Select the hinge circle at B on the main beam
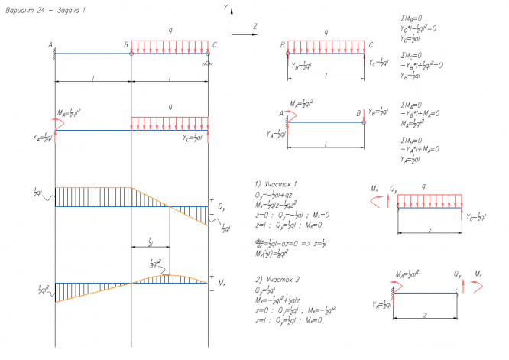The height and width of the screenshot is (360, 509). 131,54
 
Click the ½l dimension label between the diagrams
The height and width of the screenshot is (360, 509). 151,242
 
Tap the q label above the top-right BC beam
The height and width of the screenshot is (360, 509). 327,32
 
